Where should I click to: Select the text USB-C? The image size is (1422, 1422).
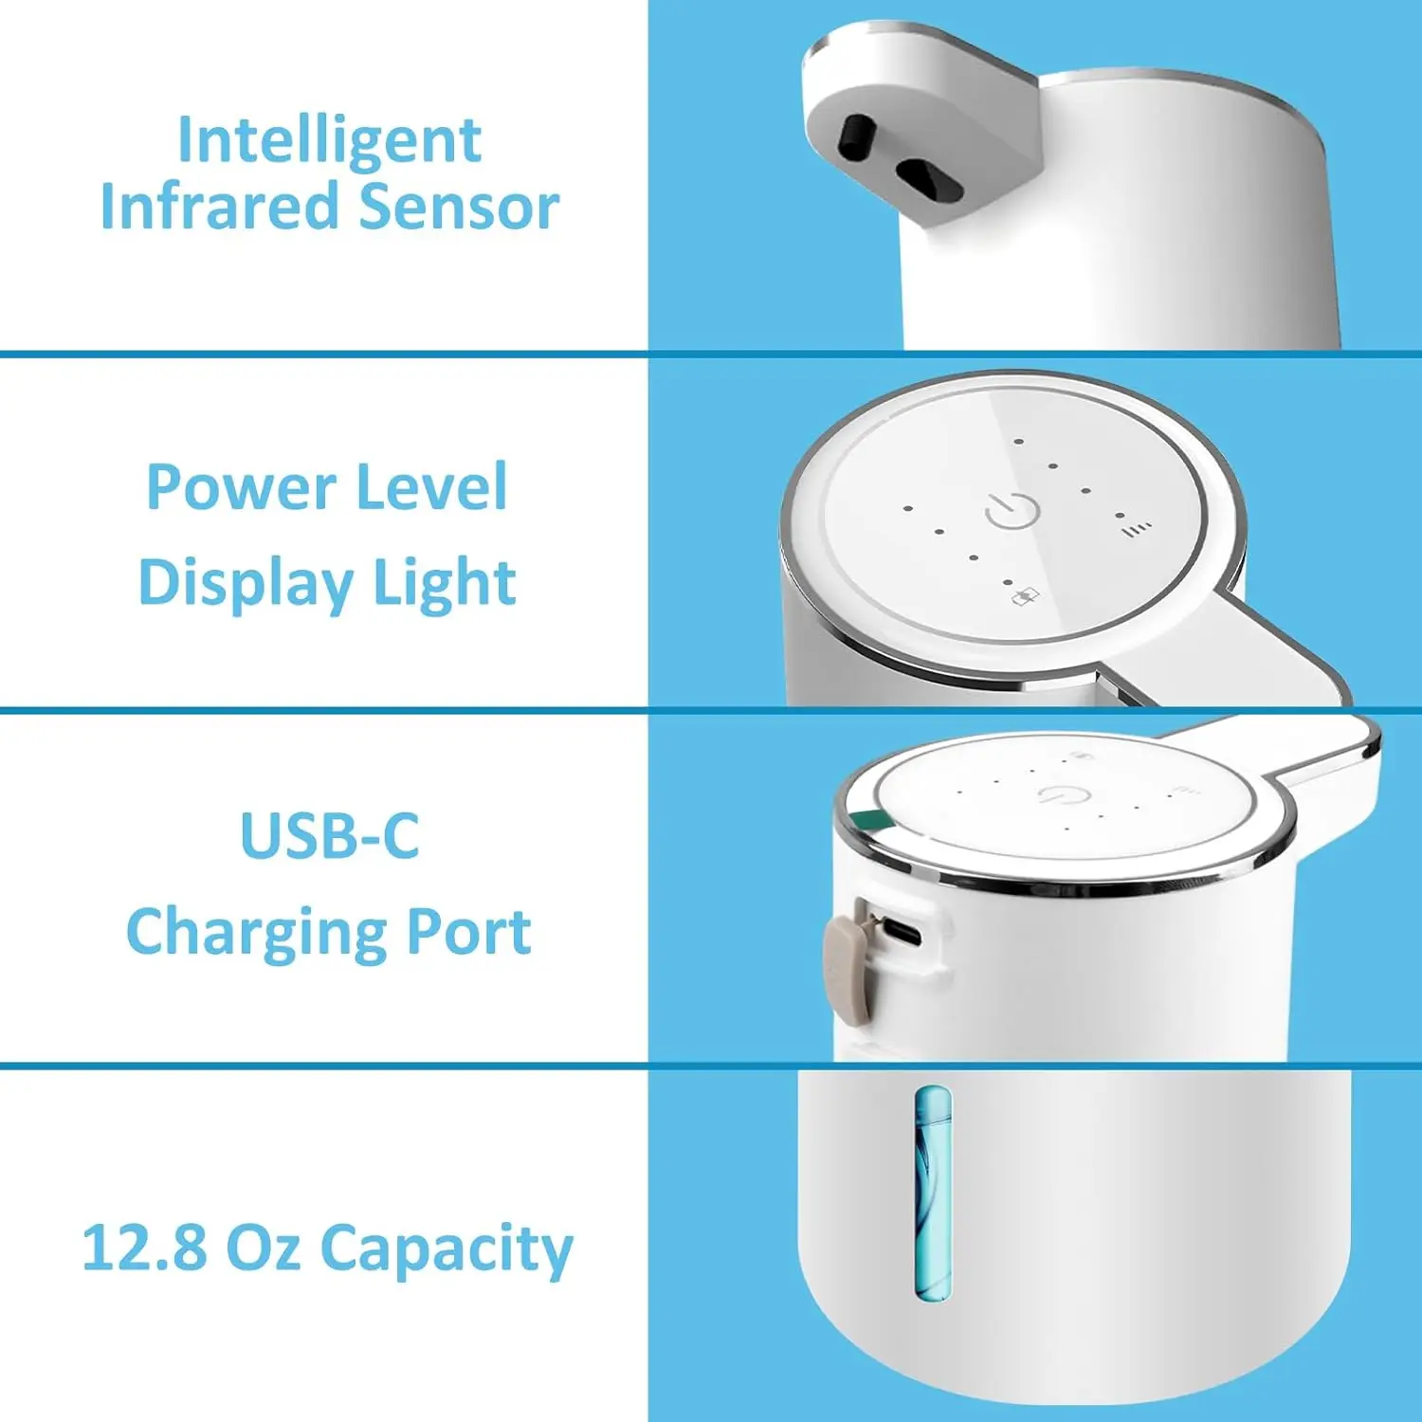click(329, 836)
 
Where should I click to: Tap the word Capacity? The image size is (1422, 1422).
click(447, 1249)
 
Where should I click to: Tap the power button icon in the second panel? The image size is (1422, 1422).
click(1012, 511)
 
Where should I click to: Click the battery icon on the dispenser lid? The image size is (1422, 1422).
click(1026, 596)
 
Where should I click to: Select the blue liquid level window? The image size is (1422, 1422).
click(933, 1193)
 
